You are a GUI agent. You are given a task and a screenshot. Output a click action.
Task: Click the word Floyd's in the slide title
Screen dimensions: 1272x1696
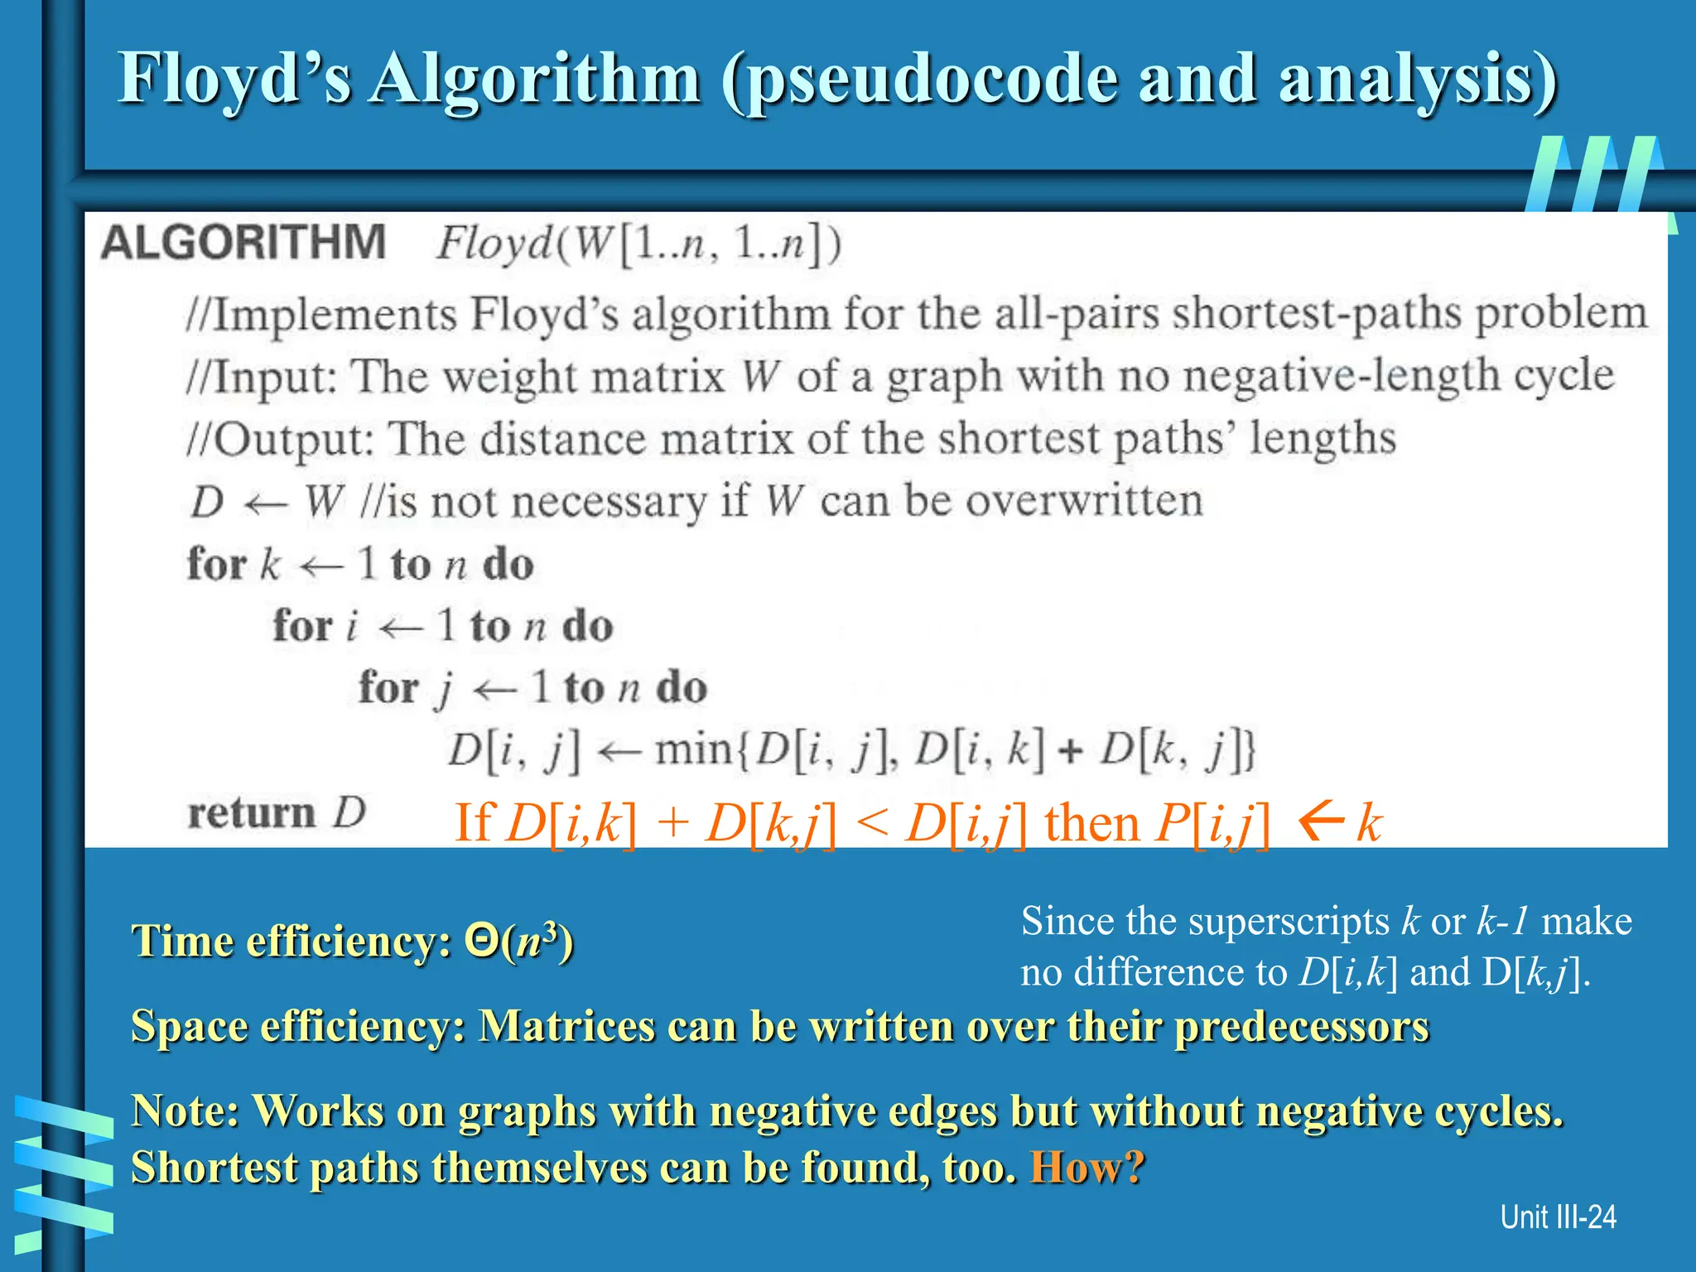tap(235, 79)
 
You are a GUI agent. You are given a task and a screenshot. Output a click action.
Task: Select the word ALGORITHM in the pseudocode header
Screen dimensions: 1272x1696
tap(243, 242)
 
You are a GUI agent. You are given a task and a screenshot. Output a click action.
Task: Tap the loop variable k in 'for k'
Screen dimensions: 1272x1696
tap(270, 565)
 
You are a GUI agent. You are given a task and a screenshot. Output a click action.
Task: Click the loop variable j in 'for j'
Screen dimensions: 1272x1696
tap(446, 689)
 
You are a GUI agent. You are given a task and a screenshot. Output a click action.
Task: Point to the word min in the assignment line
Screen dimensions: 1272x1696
tap(694, 750)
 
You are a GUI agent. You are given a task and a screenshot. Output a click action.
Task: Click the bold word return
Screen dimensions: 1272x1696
tap(252, 812)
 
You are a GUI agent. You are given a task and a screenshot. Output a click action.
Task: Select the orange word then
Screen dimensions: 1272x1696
tap(1092, 823)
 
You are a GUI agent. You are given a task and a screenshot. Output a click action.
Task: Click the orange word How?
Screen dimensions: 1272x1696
tap(1086, 1168)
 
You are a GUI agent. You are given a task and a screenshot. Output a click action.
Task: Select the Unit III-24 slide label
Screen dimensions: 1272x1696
tap(1558, 1217)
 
